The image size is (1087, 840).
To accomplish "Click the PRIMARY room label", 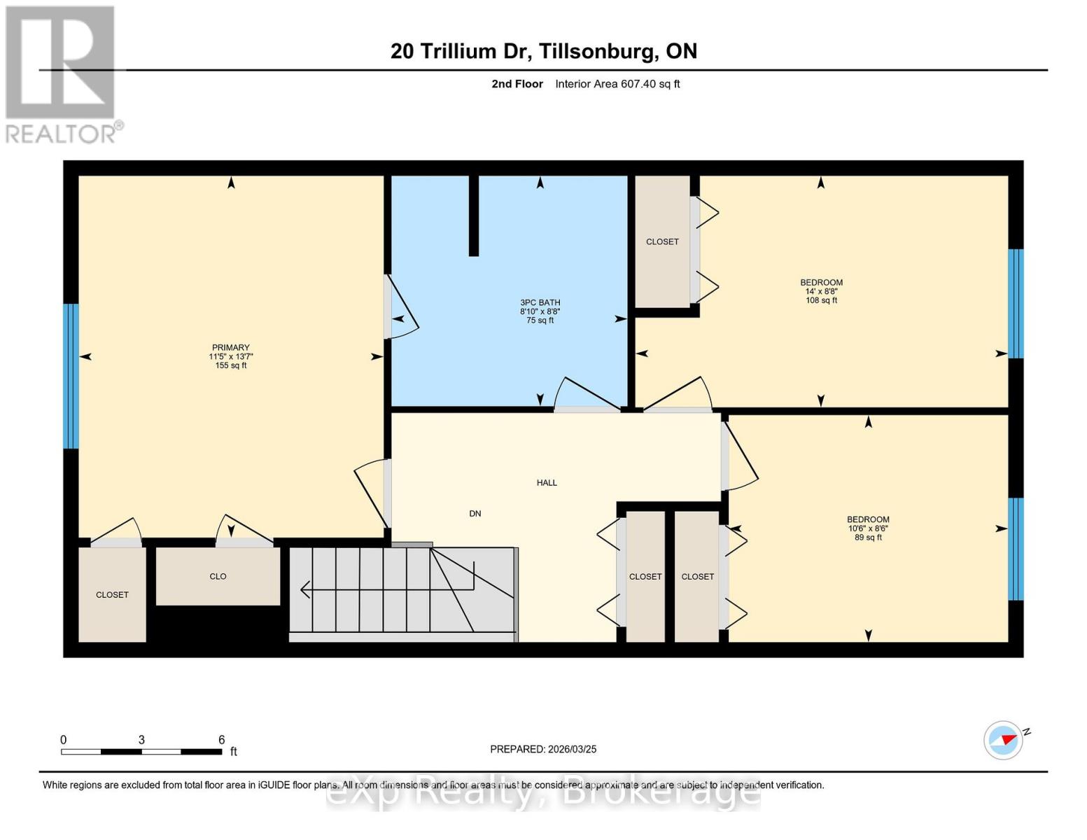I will point(230,347).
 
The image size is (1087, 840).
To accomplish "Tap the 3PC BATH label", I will point(540,302).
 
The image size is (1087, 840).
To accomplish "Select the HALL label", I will point(547,482).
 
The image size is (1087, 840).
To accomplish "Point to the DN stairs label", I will point(475,513).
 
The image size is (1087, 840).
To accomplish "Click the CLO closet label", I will point(218,576).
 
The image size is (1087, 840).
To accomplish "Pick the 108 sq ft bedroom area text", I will point(821,300).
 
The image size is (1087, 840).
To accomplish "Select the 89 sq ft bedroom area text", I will point(868,538).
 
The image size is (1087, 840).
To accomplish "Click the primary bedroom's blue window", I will point(71,376).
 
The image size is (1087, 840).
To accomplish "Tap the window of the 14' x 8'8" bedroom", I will point(1016,304).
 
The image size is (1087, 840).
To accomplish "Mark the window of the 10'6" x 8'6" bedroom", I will point(1016,549).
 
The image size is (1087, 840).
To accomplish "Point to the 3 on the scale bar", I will point(141,740).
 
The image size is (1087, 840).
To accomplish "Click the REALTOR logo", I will point(62,74).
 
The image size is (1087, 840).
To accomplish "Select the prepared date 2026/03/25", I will point(543,749).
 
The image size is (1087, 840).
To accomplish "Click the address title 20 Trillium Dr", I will point(543,51).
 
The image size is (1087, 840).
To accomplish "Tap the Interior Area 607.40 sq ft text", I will point(617,84).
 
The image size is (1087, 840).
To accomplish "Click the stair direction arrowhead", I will point(304,590).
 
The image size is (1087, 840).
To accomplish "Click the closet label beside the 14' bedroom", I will point(662,241).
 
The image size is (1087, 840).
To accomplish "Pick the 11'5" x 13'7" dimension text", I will point(230,356).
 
